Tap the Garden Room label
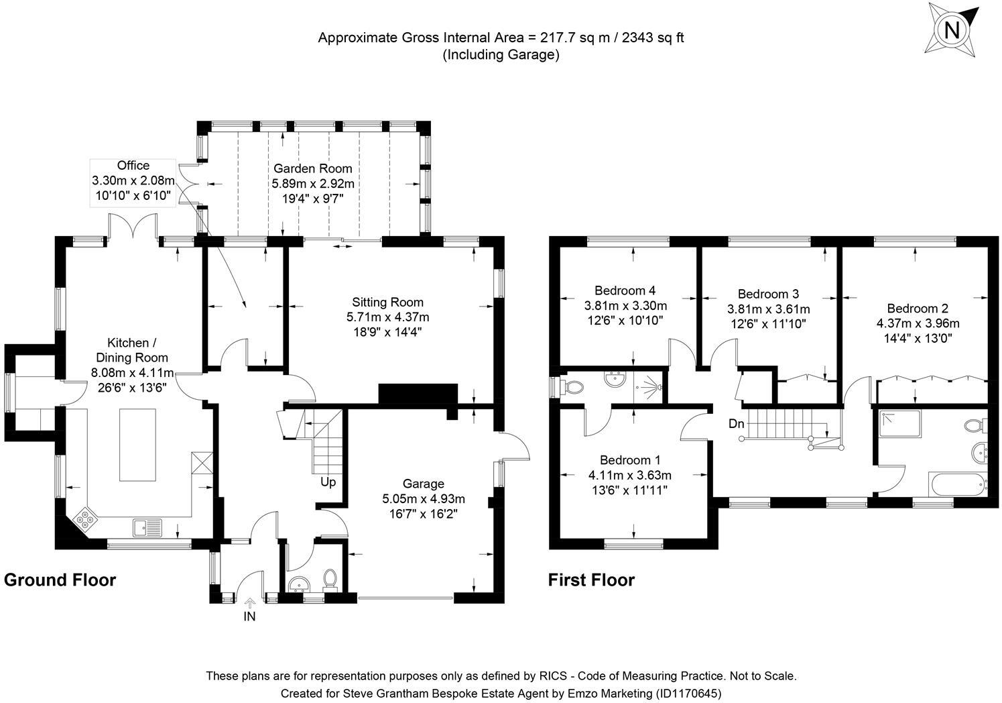tap(312, 168)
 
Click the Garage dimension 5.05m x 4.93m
tap(423, 499)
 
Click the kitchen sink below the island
tap(148, 528)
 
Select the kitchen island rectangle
tap(138, 445)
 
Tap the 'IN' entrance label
tap(249, 616)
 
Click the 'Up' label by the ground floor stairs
tap(328, 482)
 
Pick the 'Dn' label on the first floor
tap(737, 424)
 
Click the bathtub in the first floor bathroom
tap(958, 484)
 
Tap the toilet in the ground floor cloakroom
tap(330, 578)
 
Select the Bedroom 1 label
tap(630, 460)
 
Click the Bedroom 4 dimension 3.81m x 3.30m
tap(625, 306)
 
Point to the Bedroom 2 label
tap(918, 309)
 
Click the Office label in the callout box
tap(133, 166)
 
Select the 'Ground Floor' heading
tap(60, 580)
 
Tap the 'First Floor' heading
tap(590, 580)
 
